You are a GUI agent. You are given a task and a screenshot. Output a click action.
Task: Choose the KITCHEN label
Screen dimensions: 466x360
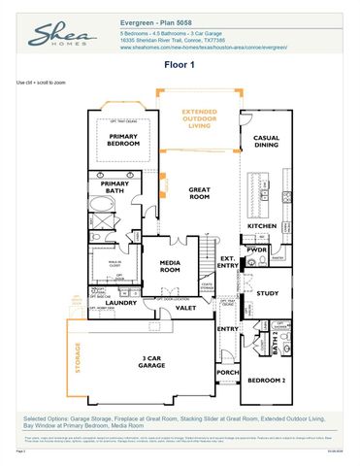coord(262,225)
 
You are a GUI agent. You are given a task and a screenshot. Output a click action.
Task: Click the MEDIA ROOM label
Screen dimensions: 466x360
coord(170,266)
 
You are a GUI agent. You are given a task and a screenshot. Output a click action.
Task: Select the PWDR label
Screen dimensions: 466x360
coord(257,250)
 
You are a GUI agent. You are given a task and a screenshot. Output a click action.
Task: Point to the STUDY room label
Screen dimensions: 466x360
coord(268,292)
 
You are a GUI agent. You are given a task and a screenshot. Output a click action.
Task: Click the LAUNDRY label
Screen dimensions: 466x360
coord(122,302)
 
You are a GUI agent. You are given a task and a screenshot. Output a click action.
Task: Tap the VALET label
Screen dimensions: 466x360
coord(186,307)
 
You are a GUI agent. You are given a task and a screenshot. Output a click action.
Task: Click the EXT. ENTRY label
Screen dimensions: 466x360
coord(228,261)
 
